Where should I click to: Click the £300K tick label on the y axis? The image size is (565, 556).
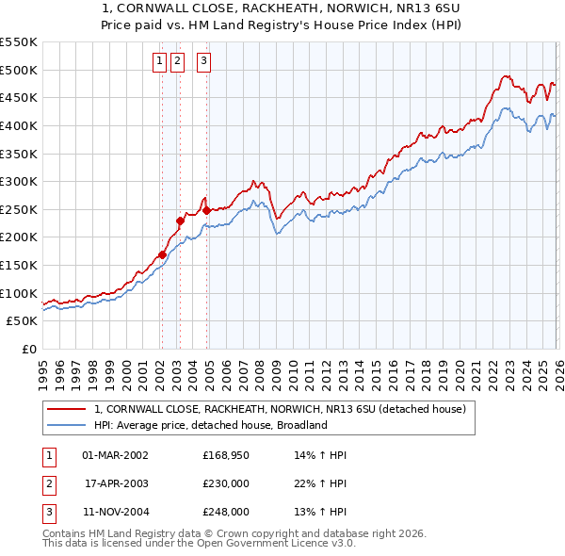18,181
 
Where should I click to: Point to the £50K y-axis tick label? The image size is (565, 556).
22,320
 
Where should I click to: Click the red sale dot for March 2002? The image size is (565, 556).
162,254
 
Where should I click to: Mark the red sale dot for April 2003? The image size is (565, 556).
180,221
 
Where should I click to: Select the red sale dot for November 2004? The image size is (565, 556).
206,210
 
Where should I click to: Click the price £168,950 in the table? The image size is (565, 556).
226,455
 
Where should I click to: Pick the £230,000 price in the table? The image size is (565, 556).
226,483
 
